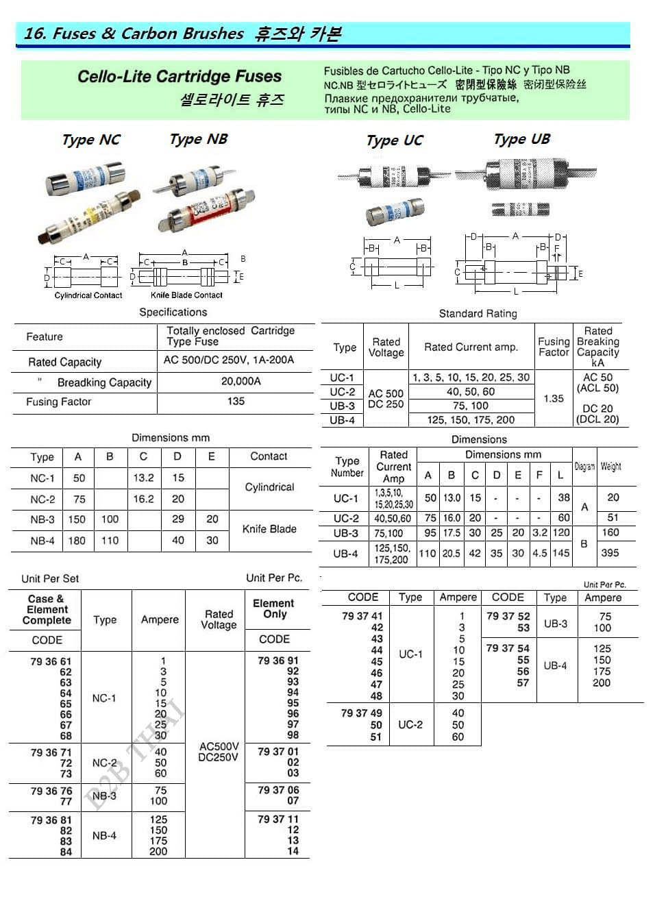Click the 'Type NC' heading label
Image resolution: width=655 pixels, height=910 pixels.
click(91, 140)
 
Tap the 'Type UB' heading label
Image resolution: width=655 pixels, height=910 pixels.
click(521, 140)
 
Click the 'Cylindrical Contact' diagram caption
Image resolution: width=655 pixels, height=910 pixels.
click(88, 295)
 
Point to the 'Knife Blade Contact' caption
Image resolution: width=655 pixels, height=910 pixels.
click(186, 295)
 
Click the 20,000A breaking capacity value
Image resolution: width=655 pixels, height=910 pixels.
click(240, 381)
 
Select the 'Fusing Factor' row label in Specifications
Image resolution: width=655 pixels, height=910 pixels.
click(59, 402)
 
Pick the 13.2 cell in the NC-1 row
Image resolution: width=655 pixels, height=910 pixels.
click(143, 478)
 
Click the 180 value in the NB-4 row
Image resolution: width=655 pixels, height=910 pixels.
click(77, 541)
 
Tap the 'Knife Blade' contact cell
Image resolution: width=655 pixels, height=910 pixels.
click(269, 529)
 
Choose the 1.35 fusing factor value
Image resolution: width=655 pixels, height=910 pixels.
click(554, 398)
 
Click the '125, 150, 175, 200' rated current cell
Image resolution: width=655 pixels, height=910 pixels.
click(471, 420)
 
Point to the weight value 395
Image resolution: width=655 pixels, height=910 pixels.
click(610, 553)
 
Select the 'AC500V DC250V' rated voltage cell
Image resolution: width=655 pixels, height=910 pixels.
click(219, 752)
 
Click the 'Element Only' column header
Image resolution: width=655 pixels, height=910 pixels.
click(273, 608)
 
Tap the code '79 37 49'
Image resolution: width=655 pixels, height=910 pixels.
click(362, 713)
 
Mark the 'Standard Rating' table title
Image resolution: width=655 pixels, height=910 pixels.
click(478, 314)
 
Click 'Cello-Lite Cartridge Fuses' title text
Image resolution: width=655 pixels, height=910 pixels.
click(180, 77)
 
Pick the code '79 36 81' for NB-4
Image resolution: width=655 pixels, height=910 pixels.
click(51, 820)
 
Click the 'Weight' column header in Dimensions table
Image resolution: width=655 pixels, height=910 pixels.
click(610, 467)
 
